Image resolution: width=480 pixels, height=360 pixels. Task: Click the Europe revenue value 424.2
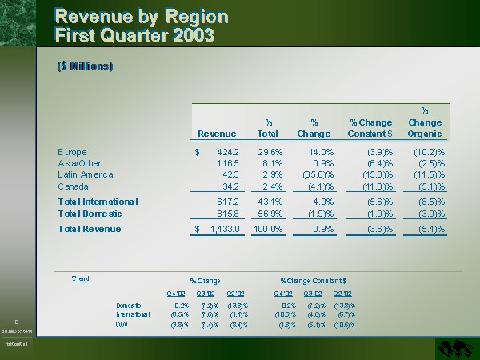tap(222, 152)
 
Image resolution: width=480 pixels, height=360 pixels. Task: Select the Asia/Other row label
tap(80, 163)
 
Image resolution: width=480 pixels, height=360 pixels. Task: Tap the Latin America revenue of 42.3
tap(227, 174)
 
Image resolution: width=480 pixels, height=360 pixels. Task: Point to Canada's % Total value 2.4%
tap(272, 186)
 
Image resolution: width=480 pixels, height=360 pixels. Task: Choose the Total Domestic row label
tap(90, 214)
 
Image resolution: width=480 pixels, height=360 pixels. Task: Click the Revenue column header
tap(216, 134)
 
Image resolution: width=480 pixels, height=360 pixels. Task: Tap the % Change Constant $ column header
tap(370, 128)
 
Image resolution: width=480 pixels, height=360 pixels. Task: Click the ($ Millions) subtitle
tap(85, 66)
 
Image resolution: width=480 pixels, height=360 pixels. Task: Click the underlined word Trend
tap(81, 278)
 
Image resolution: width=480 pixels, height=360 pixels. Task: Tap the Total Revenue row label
tap(90, 230)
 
